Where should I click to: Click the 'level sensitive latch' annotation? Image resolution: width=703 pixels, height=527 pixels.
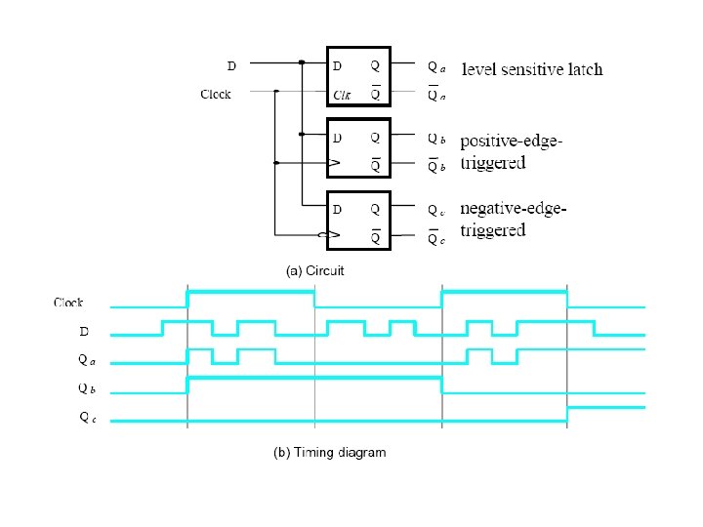pyautogui.click(x=532, y=69)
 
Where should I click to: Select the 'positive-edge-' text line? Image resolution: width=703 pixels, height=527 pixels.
pyautogui.click(x=511, y=142)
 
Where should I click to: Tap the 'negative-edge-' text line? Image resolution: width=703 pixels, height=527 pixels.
pyautogui.click(x=513, y=209)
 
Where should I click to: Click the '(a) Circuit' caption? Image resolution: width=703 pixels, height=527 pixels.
pyautogui.click(x=314, y=270)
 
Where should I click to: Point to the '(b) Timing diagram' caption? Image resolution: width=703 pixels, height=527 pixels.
pyautogui.click(x=328, y=452)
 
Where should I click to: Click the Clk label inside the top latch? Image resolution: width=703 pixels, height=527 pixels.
pyautogui.click(x=342, y=95)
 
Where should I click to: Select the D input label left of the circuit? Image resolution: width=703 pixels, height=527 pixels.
pyautogui.click(x=231, y=66)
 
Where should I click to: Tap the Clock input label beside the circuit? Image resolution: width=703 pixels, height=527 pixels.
pyautogui.click(x=216, y=95)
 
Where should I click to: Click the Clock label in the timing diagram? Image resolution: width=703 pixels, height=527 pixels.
pyautogui.click(x=68, y=304)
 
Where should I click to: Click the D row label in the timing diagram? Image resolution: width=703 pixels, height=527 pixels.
pyautogui.click(x=84, y=332)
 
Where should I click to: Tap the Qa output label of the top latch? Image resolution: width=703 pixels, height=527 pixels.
pyautogui.click(x=436, y=67)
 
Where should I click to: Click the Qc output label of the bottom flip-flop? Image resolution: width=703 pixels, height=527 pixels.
pyautogui.click(x=436, y=209)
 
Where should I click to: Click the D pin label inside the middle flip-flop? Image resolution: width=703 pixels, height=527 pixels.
pyautogui.click(x=338, y=138)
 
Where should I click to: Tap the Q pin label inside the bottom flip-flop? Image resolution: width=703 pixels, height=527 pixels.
pyautogui.click(x=375, y=209)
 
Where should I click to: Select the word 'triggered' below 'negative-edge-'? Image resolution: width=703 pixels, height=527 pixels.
pyautogui.click(x=493, y=230)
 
